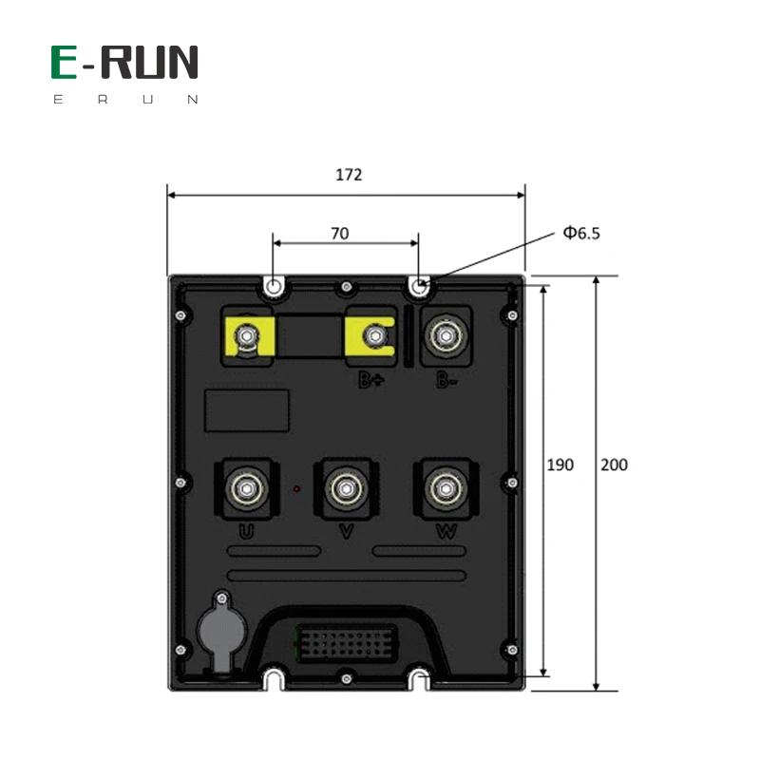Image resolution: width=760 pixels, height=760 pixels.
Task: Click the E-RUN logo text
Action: pos(124,63)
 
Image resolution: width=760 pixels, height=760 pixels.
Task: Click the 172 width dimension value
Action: pos(349,175)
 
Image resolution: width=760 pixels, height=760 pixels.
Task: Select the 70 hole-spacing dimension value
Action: pos(339,231)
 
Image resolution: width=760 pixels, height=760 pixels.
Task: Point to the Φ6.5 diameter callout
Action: pos(581,232)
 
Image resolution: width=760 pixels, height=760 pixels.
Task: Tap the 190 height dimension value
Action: pos(560,465)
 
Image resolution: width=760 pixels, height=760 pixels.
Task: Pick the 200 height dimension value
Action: pos(615,465)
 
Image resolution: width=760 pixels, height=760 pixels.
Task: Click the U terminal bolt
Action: pos(248,488)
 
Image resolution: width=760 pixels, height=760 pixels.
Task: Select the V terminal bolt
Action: pos(345,488)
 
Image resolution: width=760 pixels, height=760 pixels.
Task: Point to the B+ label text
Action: pos(370,381)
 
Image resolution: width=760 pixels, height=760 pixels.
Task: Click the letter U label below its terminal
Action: pos(246,532)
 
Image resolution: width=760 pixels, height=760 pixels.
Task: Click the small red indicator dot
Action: pos(296,489)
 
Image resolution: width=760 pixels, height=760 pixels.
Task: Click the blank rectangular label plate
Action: pos(247,410)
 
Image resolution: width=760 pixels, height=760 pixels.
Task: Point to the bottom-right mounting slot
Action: pos(419,678)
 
